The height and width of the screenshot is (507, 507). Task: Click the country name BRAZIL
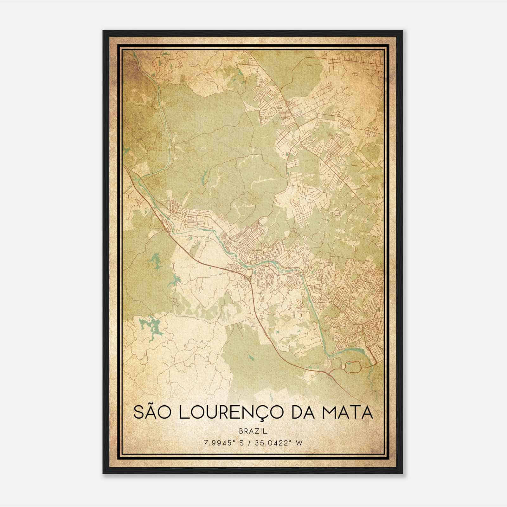tap(253, 431)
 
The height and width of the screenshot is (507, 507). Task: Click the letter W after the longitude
tap(300, 443)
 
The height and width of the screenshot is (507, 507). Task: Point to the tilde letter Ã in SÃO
tap(152, 412)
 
